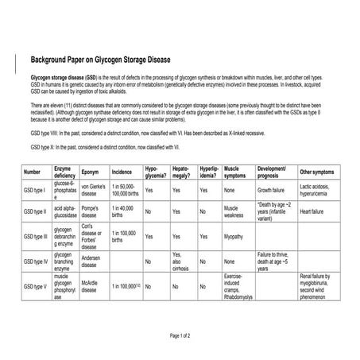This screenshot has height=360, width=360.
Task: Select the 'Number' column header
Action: tap(33, 172)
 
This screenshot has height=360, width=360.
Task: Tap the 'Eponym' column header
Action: tap(91, 172)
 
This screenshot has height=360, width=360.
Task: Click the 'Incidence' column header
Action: tap(122, 172)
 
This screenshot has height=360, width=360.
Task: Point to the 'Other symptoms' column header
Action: tap(317, 172)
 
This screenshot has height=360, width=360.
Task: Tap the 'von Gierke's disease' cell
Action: tap(95, 191)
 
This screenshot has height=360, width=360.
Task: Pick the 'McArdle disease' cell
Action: tap(91, 285)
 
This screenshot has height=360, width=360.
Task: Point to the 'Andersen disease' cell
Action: tap(93, 260)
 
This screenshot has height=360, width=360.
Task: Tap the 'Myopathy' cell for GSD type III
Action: tap(234, 237)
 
